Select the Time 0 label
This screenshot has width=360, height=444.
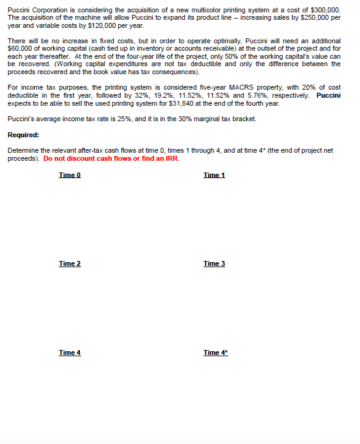pyautogui.click(x=69, y=176)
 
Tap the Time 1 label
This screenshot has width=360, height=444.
pyautogui.click(x=214, y=176)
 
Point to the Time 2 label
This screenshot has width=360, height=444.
pyautogui.click(x=69, y=264)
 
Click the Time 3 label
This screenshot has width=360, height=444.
pyautogui.click(x=214, y=264)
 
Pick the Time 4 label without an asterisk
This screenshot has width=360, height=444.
pyautogui.click(x=69, y=352)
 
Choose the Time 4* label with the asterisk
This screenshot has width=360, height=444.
pyautogui.click(x=215, y=352)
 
